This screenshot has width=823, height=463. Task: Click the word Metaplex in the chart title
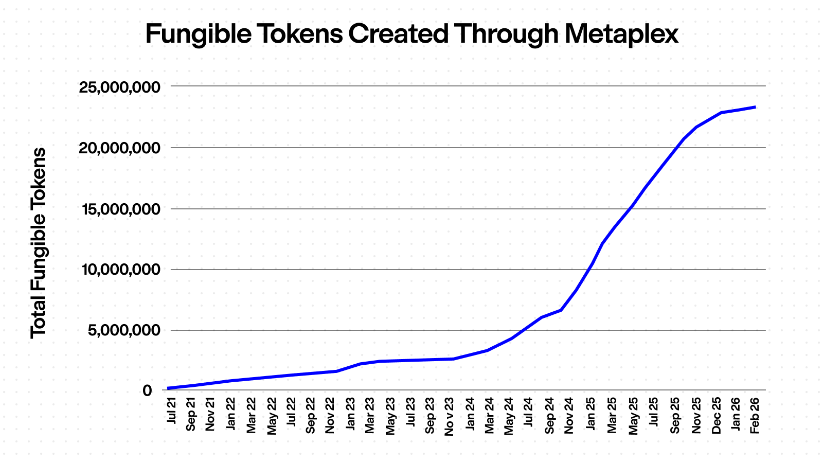[x=621, y=34]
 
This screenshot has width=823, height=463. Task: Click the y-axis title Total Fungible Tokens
[x=39, y=243]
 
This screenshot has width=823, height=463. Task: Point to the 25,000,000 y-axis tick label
[x=119, y=87]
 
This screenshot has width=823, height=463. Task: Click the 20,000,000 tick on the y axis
[x=119, y=148]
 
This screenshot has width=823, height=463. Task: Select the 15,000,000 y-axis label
[x=119, y=209]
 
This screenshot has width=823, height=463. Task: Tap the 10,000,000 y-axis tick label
[x=119, y=270]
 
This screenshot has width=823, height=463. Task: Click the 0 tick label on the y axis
[x=148, y=390]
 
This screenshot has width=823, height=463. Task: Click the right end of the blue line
[x=755, y=107]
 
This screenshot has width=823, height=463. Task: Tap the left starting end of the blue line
[x=169, y=388]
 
